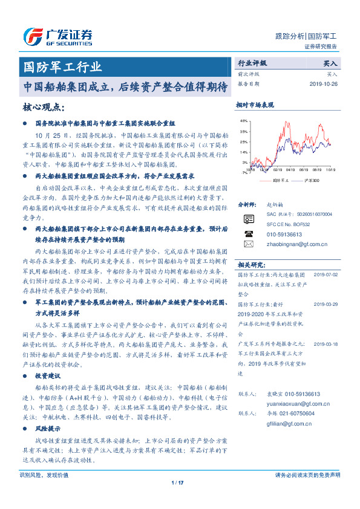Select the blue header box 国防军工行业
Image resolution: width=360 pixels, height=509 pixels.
(x=62, y=66)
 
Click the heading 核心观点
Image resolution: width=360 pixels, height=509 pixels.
(x=43, y=107)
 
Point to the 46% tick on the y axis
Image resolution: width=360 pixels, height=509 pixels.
(x=243, y=122)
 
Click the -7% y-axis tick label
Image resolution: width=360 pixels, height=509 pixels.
(x=243, y=173)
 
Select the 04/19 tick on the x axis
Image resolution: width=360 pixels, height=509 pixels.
(x=289, y=170)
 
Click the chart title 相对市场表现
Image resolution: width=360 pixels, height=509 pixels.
(x=255, y=105)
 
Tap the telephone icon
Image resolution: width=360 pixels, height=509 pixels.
(x=249, y=233)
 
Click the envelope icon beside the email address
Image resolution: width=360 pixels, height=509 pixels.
(x=249, y=244)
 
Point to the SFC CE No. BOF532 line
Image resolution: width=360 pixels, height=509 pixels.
(x=288, y=224)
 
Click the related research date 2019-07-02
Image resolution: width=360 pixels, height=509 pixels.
(x=326, y=274)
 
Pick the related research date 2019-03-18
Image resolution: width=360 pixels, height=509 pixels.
(x=326, y=343)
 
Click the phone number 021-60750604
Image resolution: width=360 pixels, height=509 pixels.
(x=293, y=413)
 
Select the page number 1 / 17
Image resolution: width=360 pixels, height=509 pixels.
(x=177, y=482)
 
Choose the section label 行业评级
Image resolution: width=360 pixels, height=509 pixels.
(x=252, y=62)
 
